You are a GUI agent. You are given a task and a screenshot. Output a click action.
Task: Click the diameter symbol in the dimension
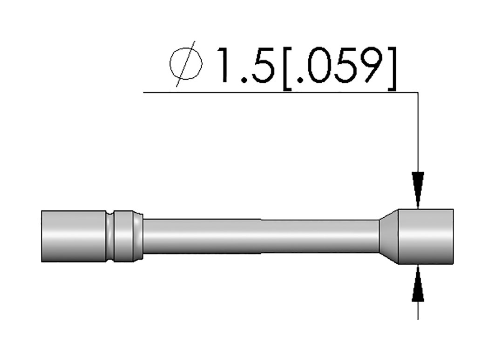coord(186,64)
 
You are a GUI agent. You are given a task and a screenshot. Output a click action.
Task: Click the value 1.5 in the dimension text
coord(248,65)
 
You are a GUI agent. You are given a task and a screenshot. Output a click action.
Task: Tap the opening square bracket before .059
coord(288,69)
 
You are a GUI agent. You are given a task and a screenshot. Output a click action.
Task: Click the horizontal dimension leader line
coord(281,93)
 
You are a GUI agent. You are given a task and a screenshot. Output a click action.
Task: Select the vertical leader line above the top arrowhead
coord(418,133)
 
